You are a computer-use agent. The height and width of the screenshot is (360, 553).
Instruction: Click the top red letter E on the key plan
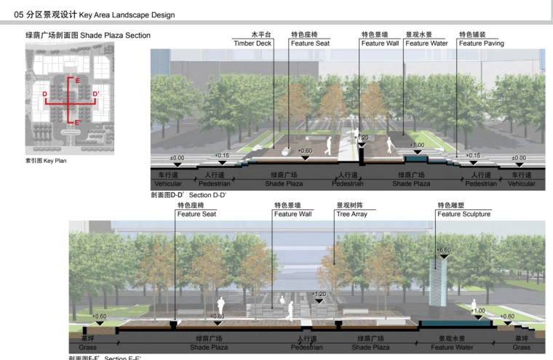77,79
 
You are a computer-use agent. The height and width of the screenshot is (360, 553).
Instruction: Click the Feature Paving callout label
481,44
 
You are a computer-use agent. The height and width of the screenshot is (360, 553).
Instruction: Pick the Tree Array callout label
351,214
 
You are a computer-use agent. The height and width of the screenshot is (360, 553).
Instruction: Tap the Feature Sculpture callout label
464,214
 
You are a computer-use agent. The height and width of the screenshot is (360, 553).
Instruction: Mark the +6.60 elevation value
444,250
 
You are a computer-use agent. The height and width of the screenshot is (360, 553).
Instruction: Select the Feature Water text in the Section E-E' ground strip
453,347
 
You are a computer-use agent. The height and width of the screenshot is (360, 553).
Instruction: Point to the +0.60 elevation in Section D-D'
305,150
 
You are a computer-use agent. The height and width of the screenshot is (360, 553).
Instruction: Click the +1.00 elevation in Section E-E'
478,311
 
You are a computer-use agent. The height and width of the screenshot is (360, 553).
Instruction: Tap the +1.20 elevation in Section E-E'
319,294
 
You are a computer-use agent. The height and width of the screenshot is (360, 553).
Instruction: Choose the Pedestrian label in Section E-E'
306,347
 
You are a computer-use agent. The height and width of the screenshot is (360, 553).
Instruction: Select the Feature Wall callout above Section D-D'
380,44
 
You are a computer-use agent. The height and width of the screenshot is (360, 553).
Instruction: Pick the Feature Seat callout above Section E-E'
196,214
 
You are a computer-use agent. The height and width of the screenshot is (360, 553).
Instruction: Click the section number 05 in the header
20,15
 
